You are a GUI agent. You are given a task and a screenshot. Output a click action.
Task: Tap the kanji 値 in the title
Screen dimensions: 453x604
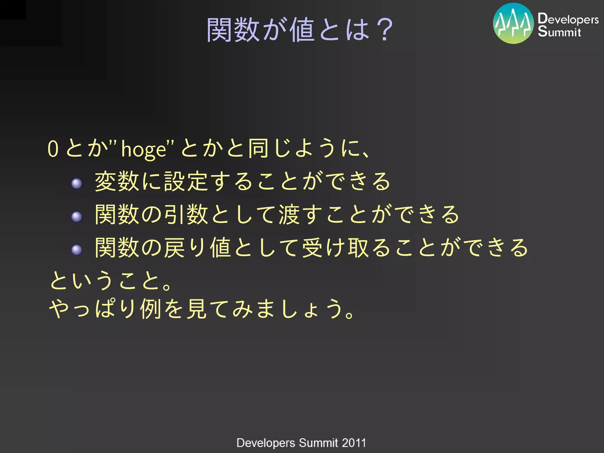(301, 29)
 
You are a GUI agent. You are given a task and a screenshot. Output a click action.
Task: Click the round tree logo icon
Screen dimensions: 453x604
(513, 24)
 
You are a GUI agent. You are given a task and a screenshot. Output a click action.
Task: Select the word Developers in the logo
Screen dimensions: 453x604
(568, 19)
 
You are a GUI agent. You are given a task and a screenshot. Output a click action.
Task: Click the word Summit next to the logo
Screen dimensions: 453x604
(559, 32)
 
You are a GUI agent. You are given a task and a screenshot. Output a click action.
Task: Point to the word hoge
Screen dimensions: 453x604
(144, 149)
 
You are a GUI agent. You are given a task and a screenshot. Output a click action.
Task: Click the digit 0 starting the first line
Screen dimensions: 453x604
(53, 149)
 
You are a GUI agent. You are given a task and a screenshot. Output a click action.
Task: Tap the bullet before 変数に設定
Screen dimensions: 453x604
(77, 183)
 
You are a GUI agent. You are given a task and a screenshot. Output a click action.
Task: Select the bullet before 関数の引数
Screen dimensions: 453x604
(77, 217)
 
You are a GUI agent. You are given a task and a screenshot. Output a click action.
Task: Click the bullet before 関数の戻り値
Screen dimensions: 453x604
(77, 250)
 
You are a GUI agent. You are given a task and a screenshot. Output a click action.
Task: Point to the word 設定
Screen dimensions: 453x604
(187, 182)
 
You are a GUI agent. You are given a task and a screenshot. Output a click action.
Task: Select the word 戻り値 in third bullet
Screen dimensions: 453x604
(197, 248)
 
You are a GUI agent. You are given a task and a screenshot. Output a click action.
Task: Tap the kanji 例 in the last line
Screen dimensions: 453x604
(151, 309)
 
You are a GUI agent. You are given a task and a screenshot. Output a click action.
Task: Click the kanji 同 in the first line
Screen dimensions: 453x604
(258, 148)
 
